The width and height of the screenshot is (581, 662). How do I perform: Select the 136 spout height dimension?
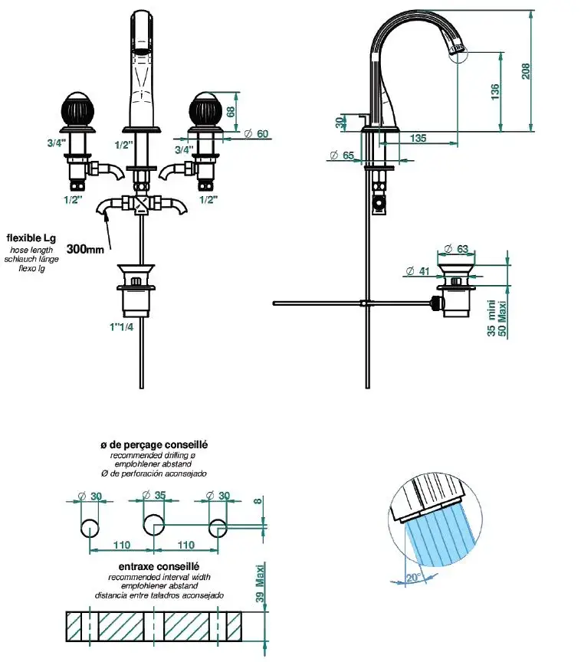[x=495, y=92]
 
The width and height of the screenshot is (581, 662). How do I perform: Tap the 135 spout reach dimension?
[x=419, y=139]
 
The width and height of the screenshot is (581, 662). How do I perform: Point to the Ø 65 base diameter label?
[x=341, y=156]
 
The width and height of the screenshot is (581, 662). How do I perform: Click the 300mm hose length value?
[x=85, y=249]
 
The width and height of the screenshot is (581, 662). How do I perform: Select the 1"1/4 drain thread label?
[x=122, y=327]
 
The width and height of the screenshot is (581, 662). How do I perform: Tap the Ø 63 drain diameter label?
[x=457, y=248]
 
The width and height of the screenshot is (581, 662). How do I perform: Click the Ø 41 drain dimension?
[x=417, y=270]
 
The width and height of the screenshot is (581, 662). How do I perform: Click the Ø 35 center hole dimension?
[x=155, y=495]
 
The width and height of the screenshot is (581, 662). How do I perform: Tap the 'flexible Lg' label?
[x=31, y=238]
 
